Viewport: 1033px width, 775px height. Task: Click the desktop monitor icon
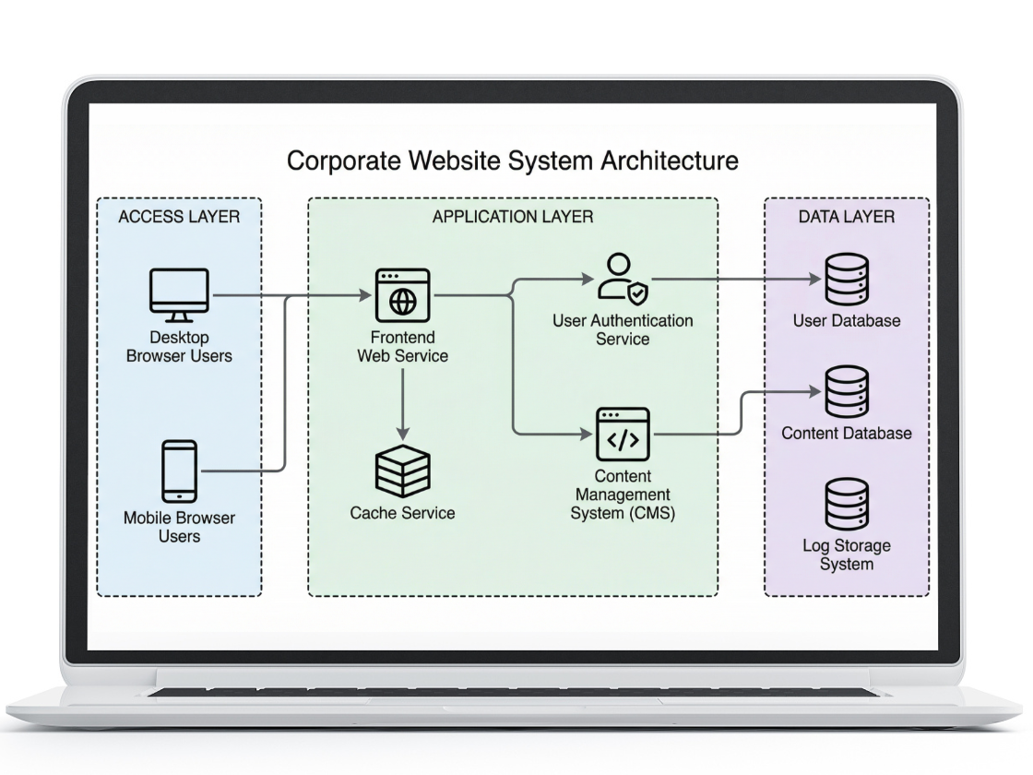pos(179,294)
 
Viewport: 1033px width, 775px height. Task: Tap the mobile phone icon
pos(179,471)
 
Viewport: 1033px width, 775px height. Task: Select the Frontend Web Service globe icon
pos(402,295)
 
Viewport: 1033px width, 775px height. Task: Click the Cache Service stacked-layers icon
pos(402,470)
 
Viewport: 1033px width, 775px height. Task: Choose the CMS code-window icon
pos(623,435)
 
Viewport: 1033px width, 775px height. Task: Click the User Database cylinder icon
pos(846,280)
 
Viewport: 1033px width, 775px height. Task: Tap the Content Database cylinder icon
pos(846,392)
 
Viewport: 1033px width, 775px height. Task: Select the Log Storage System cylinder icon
pos(846,504)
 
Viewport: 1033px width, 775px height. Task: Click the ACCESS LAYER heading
pos(179,218)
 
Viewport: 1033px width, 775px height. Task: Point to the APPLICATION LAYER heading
pos(513,218)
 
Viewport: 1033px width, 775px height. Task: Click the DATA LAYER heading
pos(846,218)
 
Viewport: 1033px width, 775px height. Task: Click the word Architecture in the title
pos(670,161)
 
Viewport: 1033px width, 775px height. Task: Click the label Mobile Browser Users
pos(179,527)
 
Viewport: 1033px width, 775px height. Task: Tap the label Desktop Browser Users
pos(179,347)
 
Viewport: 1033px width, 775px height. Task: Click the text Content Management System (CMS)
pos(623,495)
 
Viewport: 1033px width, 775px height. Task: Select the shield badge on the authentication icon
pos(637,293)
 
